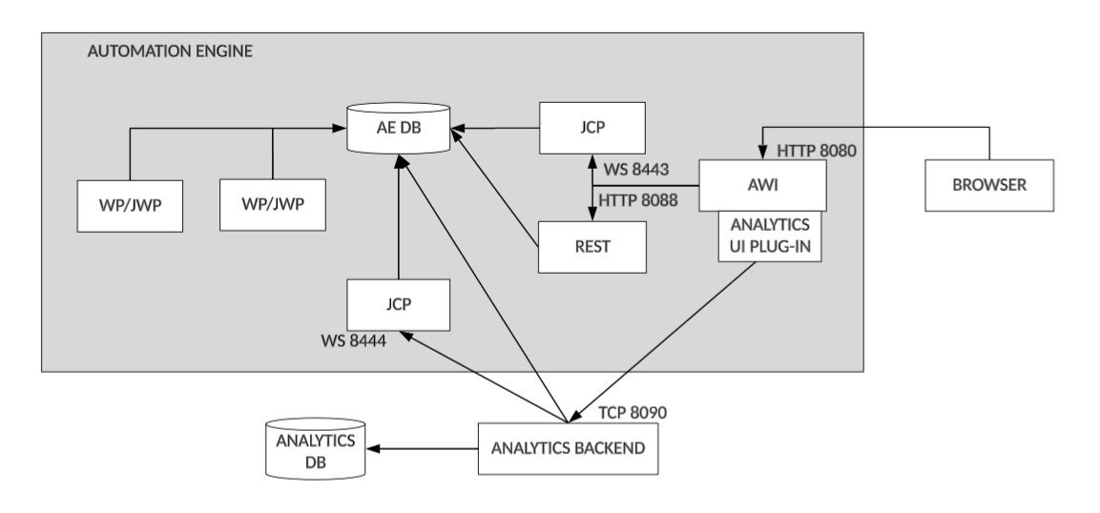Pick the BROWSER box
pyautogui.click(x=988, y=185)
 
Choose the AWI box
pyautogui.click(x=761, y=184)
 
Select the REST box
pyautogui.click(x=592, y=246)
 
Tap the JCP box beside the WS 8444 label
pyautogui.click(x=399, y=305)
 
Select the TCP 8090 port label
pyautogui.click(x=632, y=413)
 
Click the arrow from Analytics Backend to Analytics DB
pyautogui.click(x=425, y=448)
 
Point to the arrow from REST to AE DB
pyautogui.click(x=496, y=186)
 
